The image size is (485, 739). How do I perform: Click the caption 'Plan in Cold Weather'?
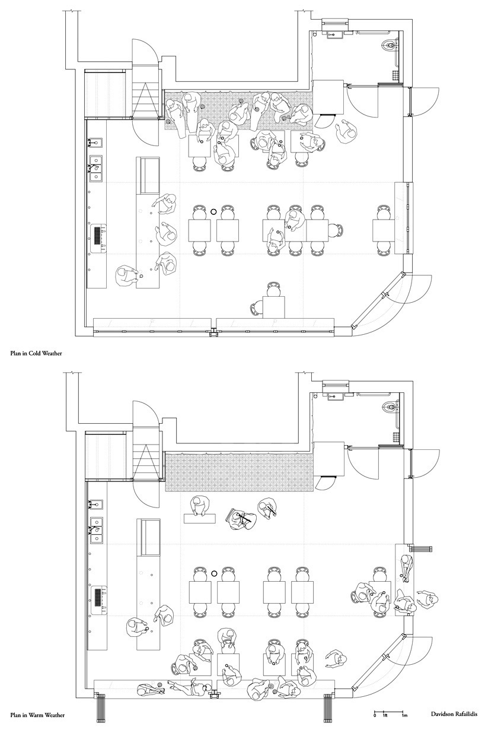(x=36, y=353)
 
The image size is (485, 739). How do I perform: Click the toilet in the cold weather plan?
(x=391, y=44)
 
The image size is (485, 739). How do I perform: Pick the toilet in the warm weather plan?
(x=391, y=405)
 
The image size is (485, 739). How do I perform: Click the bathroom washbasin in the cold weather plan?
(x=334, y=34)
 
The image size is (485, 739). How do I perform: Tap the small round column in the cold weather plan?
(x=214, y=212)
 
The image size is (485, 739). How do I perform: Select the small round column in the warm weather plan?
(x=214, y=574)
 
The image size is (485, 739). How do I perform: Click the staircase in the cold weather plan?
(x=145, y=93)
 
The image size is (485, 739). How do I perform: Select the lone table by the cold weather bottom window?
(x=273, y=307)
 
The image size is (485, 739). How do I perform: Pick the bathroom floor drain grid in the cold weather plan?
(x=395, y=75)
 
